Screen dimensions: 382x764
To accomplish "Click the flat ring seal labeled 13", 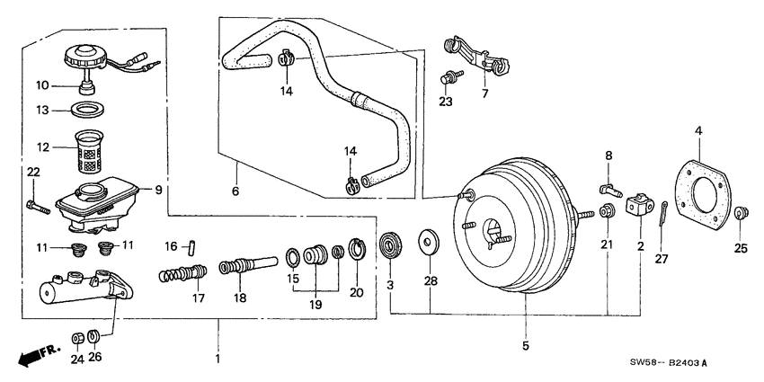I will point(86,111).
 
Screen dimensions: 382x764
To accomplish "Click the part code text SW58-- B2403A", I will point(670,362).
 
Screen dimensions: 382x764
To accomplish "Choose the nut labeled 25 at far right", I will point(741,214).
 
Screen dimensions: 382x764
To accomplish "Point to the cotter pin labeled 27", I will point(662,216).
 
